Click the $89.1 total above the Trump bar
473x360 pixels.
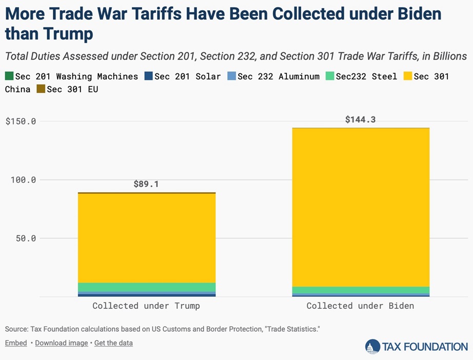146,184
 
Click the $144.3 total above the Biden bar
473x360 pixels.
360,119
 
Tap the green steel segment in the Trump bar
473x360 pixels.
146,287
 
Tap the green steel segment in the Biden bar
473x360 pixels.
360,290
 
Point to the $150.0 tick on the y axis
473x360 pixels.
21,122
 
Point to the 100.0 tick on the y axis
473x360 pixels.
24,180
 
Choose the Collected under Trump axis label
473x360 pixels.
146,306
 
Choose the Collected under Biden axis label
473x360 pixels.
360,306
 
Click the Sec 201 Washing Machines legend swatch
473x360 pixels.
9,76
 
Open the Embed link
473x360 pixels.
16,343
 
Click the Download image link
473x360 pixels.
61,343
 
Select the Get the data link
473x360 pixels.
113,343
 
